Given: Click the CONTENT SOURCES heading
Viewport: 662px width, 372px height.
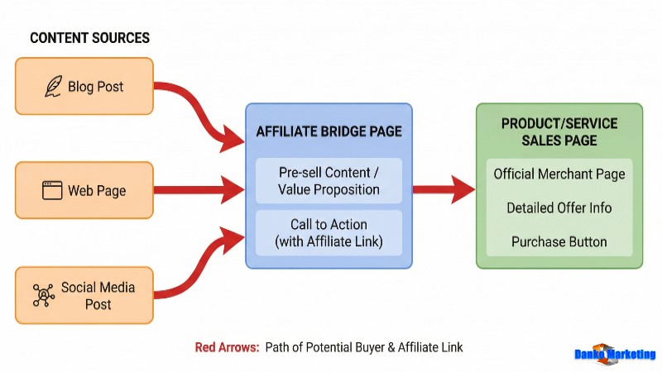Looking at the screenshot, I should click(x=89, y=38).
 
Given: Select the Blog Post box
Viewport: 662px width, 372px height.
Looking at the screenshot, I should click(x=84, y=86).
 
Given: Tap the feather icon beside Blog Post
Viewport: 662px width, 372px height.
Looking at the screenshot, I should click(x=53, y=86).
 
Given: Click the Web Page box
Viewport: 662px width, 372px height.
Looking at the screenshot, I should click(x=84, y=190).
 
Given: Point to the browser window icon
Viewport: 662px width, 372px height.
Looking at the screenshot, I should click(x=52, y=190).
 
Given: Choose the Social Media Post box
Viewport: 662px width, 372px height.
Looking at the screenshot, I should click(x=84, y=295).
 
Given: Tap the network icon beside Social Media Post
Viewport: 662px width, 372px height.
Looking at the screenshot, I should click(x=43, y=295).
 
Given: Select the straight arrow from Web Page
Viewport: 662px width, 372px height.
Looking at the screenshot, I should click(x=199, y=190).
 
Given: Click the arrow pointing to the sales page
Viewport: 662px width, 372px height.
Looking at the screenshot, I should click(x=444, y=189).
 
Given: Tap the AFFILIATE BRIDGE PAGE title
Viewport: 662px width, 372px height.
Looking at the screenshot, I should click(x=329, y=132).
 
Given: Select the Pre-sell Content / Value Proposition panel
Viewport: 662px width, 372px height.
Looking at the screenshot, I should click(x=329, y=180).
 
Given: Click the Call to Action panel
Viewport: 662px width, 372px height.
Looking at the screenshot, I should click(x=329, y=232).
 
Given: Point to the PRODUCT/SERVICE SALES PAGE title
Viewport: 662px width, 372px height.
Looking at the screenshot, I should click(x=559, y=131).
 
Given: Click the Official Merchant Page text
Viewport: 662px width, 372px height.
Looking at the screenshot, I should click(x=559, y=174).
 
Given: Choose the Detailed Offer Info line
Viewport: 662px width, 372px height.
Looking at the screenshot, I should click(x=559, y=208).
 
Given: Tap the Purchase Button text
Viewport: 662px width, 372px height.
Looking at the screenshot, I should click(x=559, y=242).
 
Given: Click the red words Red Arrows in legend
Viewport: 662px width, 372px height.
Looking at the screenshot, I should click(x=226, y=347).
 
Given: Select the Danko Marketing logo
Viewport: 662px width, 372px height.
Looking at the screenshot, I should click(x=615, y=354).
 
